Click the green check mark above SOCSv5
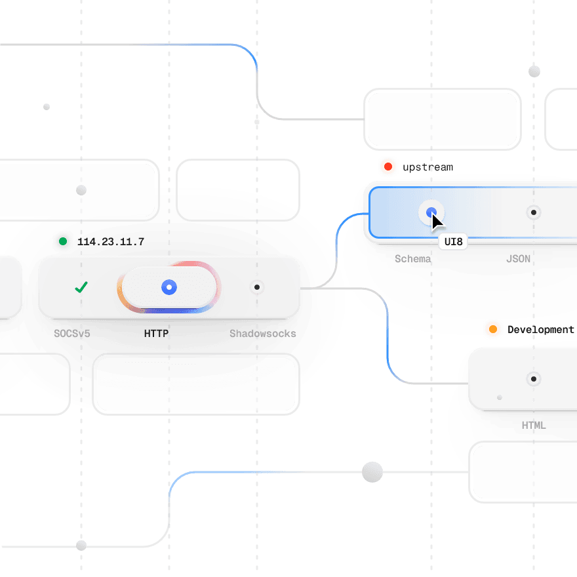81,287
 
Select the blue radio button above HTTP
169,287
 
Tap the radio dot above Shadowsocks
257,287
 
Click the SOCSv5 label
72,334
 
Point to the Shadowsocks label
262,334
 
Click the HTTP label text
156,334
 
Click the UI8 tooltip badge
452,242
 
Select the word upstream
428,167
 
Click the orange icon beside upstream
388,167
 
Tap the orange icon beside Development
493,329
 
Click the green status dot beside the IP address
63,241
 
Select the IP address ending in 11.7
110,242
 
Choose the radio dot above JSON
534,212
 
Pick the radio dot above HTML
534,379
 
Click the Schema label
412,259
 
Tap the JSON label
518,259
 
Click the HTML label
534,426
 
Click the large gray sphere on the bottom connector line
372,472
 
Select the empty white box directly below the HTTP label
196,384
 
